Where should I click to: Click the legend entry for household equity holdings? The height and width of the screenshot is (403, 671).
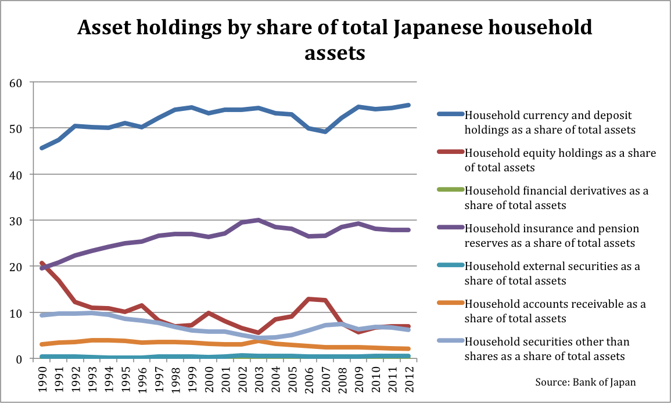point(560,160)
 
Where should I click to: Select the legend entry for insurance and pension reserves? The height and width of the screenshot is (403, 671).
point(560,235)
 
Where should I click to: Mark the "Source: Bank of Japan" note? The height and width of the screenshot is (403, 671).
point(585,382)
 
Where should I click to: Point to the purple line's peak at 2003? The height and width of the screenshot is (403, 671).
point(258,220)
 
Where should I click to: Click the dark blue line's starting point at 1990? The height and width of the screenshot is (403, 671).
point(42,148)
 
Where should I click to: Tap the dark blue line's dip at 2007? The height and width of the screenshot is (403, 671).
point(325,132)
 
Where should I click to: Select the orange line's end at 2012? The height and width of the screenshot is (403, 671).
point(408,349)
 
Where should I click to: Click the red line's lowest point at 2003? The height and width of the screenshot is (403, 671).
point(258,333)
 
